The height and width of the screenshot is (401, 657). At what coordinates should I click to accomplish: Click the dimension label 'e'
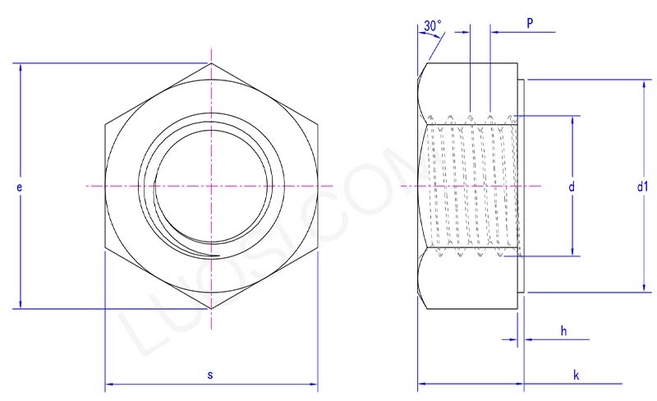[x=19, y=187]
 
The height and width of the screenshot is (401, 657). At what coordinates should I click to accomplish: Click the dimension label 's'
[x=210, y=375]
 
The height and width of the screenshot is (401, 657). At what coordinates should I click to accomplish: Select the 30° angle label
[x=432, y=27]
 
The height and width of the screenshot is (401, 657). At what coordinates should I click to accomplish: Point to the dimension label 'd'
[x=571, y=187]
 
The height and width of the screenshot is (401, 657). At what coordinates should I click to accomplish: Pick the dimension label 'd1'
[x=642, y=187]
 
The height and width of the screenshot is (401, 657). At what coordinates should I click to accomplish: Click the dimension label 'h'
[x=563, y=330]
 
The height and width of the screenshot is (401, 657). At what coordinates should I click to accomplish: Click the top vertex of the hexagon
[x=211, y=63]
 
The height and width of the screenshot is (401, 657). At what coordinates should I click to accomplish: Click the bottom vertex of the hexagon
[x=211, y=309]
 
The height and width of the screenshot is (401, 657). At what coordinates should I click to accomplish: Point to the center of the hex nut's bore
[x=211, y=187]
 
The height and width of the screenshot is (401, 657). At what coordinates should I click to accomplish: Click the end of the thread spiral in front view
[x=218, y=256]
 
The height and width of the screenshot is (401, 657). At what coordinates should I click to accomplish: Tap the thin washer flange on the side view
[x=521, y=187]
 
